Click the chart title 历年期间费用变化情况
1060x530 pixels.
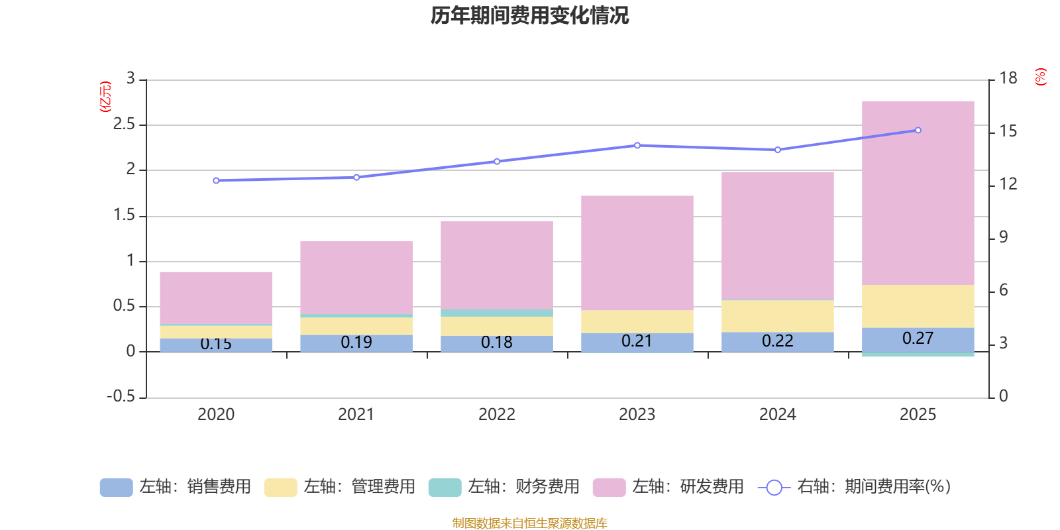(529, 15)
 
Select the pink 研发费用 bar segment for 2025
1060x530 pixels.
(918, 192)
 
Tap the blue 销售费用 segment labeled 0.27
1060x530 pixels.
(918, 339)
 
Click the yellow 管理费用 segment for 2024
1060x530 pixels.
(777, 316)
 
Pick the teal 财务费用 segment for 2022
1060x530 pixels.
(496, 313)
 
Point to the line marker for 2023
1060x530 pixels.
(637, 145)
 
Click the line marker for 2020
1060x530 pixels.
(216, 180)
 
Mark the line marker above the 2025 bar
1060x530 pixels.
(918, 130)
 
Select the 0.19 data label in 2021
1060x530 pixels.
(356, 342)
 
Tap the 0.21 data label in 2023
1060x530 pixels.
(637, 341)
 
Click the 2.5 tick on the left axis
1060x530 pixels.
(124, 124)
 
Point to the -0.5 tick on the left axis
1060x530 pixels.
(121, 396)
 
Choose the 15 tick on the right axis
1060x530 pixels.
(1008, 131)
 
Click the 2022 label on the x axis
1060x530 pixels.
(496, 414)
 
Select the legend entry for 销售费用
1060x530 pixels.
(176, 487)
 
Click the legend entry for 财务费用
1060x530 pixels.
(504, 487)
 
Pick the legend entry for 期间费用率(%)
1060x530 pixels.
(855, 487)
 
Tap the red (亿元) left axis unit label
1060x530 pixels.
(105, 97)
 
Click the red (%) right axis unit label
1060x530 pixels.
(1040, 77)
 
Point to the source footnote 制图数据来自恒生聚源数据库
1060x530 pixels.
(529, 523)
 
